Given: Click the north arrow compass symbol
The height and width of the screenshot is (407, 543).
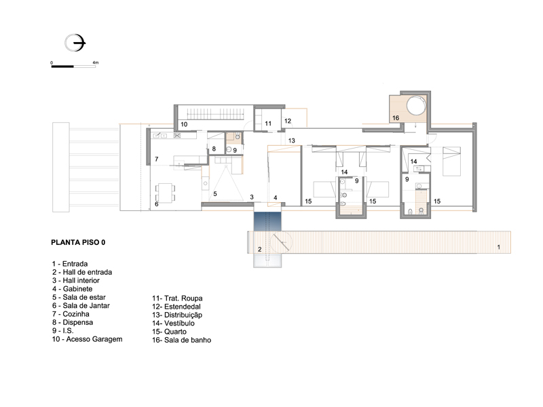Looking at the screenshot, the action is (75, 43).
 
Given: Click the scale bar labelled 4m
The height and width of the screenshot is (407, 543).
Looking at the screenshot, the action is (73, 66).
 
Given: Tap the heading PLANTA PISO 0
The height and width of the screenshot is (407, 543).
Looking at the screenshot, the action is (78, 242).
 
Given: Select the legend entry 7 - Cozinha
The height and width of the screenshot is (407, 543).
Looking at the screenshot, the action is (71, 314).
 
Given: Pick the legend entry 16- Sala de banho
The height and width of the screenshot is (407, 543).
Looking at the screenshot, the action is (181, 340).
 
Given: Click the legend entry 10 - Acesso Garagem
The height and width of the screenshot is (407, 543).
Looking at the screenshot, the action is (88, 339).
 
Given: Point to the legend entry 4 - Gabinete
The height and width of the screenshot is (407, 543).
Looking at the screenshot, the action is (73, 289).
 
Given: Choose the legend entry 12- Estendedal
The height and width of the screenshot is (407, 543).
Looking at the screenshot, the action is (176, 307).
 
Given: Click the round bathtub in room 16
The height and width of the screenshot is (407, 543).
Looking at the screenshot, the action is (415, 105).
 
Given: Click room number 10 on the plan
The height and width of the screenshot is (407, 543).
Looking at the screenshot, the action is (184, 124).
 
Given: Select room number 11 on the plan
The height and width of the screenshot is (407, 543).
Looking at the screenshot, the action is (268, 123).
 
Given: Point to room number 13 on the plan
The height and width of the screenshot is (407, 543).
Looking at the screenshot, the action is (291, 140).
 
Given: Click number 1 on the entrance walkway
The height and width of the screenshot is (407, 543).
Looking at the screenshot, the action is (499, 247).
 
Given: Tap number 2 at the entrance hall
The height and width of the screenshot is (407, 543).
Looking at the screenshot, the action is (260, 249).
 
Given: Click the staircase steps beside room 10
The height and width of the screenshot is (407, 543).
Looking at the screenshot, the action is (215, 113).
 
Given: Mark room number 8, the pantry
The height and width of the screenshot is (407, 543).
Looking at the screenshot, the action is (214, 149).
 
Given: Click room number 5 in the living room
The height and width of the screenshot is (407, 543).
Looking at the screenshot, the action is (215, 194).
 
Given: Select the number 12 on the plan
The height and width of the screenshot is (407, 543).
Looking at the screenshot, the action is (287, 121).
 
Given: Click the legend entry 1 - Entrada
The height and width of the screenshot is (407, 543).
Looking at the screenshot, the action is (70, 264).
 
